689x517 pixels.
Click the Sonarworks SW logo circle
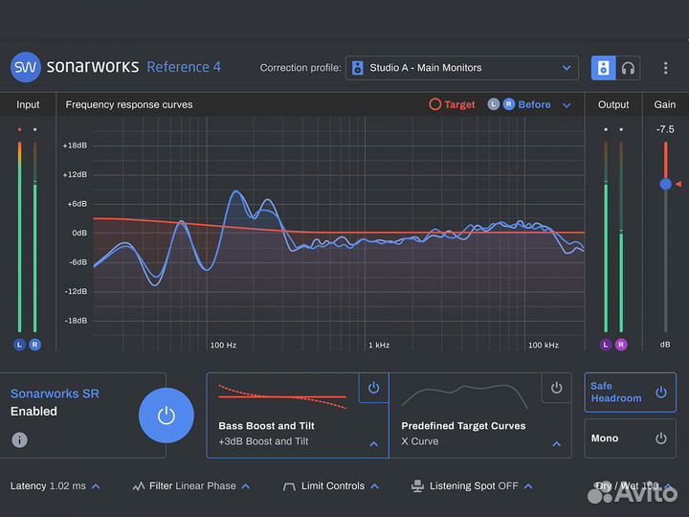coord(26,67)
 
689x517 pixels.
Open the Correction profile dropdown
coord(461,68)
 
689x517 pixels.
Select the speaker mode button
coord(604,68)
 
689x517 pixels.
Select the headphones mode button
coord(628,68)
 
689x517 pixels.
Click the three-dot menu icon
coord(666,68)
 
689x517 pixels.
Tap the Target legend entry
coord(452,104)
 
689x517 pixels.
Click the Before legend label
coord(534,104)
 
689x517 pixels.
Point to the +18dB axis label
coord(75,146)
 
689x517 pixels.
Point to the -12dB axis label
coord(75,291)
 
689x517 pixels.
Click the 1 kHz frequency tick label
coord(379,345)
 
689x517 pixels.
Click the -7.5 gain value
coord(664,129)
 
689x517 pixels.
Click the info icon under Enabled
coord(19,440)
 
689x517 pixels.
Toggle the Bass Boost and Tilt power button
coord(373,388)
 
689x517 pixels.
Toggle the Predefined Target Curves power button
coord(556,388)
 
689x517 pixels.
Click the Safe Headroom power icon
coord(660,393)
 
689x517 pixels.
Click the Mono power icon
coord(660,438)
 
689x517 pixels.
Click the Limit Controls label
coord(332,486)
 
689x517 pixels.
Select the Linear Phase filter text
coord(206,486)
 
